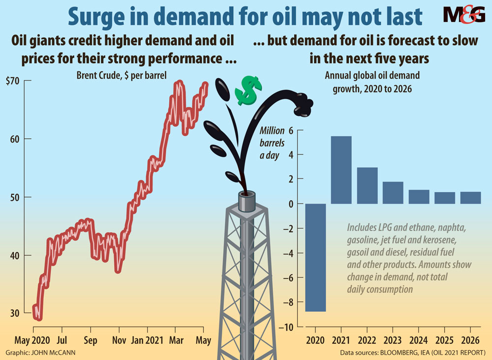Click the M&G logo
pos(463,15)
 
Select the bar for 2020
pos(315,257)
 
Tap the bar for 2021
pos(341,170)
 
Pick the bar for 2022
pos(367,185)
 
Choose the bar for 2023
pos(393,193)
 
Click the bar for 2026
pos(471,198)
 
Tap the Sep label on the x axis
pos(91,340)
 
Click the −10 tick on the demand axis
pos(286,327)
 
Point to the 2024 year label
pos(419,340)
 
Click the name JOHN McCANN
pos(55,353)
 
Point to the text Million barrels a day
pos(272,143)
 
